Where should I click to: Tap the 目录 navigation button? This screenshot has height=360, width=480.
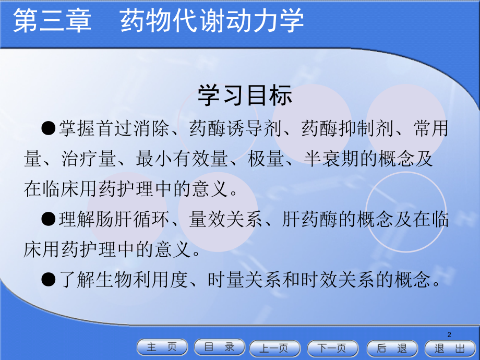click(x=220, y=347)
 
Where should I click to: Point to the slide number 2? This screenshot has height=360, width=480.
click(x=449, y=334)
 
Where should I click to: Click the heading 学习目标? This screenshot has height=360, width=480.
click(x=245, y=96)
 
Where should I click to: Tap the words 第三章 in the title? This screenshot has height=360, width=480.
click(x=52, y=22)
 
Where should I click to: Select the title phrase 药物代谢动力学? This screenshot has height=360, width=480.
click(x=212, y=22)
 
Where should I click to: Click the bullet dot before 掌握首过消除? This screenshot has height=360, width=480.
click(x=49, y=128)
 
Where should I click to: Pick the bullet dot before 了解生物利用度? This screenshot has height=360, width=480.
click(x=49, y=281)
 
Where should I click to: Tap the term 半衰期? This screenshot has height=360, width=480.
click(x=331, y=159)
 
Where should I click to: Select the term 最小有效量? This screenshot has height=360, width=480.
click(x=181, y=159)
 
